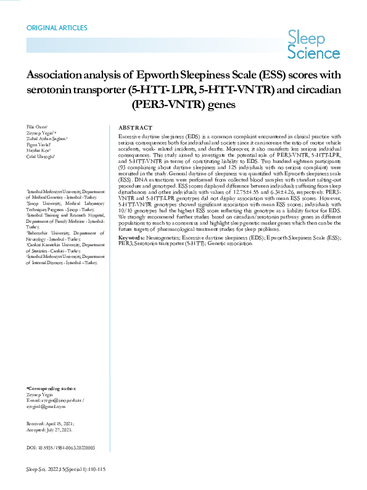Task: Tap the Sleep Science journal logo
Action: [314, 47]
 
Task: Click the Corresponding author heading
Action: [52, 388]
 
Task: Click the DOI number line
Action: [60, 447]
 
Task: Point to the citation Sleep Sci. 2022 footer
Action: [66, 470]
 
